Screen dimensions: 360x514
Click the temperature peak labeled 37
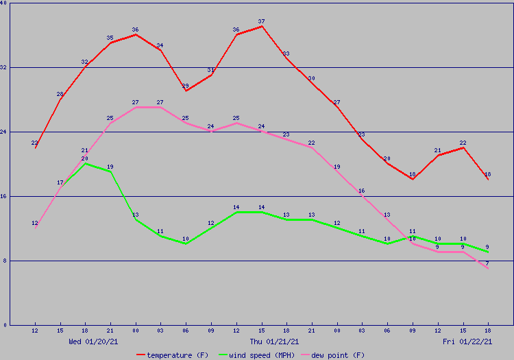262,27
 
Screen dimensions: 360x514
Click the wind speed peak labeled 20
85,163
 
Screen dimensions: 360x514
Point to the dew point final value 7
488,268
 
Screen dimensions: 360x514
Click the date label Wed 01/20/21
93,341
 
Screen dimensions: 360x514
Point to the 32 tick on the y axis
4,67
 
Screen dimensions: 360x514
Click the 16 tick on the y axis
4,196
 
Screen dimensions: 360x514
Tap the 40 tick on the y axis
4,3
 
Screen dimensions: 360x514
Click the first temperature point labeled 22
35,147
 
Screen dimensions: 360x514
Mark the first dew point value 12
35,228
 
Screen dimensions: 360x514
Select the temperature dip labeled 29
186,91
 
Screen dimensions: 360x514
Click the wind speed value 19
110,171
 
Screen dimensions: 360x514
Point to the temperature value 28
60,99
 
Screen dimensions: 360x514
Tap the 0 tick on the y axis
4,324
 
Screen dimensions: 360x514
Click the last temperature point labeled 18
488,179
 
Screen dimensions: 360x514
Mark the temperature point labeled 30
312,83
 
